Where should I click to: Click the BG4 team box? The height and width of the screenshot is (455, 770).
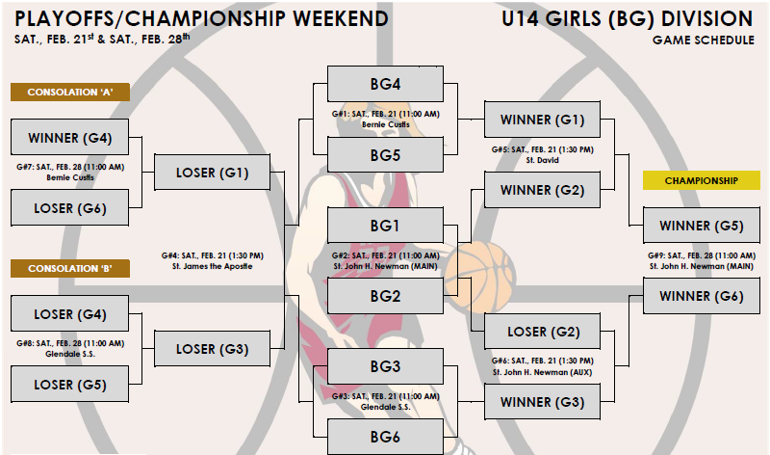[385, 83]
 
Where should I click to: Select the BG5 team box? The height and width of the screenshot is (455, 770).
[385, 154]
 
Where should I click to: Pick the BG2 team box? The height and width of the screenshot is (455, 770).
[385, 295]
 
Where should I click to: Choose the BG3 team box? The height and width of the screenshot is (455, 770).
[385, 366]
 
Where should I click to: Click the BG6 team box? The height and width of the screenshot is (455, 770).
[385, 437]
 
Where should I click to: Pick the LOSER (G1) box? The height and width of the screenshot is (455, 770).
[213, 173]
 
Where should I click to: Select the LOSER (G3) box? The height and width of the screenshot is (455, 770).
[213, 349]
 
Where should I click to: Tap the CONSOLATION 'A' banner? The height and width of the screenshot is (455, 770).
[70, 93]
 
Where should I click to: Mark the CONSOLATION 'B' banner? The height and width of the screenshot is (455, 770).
[70, 268]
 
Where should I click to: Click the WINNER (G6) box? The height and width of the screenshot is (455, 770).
[701, 296]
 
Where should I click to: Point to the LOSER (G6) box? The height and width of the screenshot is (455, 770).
[70, 207]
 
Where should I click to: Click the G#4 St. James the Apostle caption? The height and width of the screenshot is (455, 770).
[212, 260]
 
